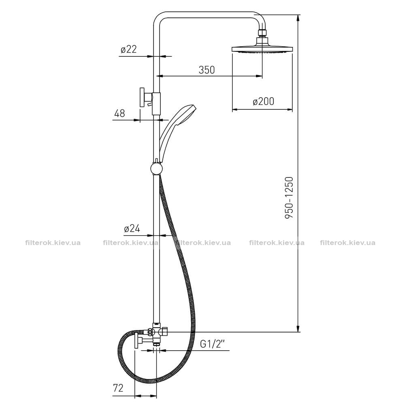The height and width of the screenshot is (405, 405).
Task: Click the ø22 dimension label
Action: pyautogui.click(x=128, y=49)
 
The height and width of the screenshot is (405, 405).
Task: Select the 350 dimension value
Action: pyautogui.click(x=207, y=70)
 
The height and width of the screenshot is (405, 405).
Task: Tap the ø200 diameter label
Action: pyautogui.click(x=263, y=102)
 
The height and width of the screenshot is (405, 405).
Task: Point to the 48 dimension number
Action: pyautogui.click(x=119, y=113)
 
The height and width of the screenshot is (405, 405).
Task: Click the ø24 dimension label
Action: pyautogui.click(x=132, y=228)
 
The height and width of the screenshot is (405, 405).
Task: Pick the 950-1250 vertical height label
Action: pyautogui.click(x=289, y=198)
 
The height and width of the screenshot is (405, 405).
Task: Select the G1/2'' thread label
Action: pyautogui.click(x=213, y=344)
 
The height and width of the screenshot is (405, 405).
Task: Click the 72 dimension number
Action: pyautogui.click(x=118, y=388)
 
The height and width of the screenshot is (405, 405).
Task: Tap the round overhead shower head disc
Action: pyautogui.click(x=262, y=49)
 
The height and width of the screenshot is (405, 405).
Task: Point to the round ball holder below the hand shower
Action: pyautogui.click(x=156, y=168)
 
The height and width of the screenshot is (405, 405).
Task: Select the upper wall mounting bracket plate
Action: pyautogui.click(x=142, y=97)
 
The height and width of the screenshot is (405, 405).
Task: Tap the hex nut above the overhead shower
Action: pyautogui.click(x=262, y=33)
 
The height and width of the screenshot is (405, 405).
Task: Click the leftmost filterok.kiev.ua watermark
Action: pyautogui.click(x=53, y=243)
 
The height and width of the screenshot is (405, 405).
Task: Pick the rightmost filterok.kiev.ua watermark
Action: pyautogui.click(x=347, y=243)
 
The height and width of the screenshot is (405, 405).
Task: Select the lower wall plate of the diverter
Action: pyautogui.click(x=136, y=341)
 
